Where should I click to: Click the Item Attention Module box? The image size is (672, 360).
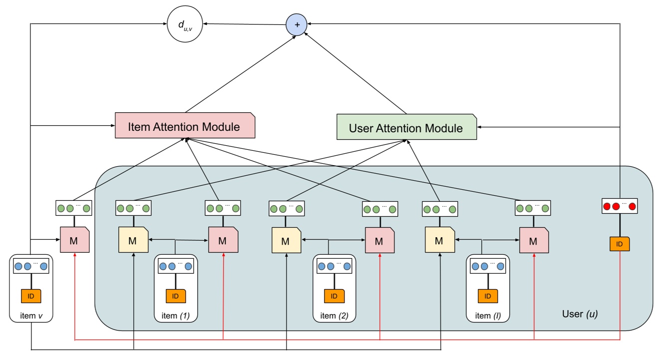(185, 125)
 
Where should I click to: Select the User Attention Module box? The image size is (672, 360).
(406, 127)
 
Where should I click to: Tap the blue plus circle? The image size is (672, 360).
(297, 24)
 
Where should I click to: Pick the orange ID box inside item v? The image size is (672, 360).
(31, 296)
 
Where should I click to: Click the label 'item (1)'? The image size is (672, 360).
(176, 316)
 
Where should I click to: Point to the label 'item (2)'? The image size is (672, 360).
(334, 316)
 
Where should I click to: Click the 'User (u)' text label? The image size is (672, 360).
(580, 314)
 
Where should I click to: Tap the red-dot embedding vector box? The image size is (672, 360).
(620, 206)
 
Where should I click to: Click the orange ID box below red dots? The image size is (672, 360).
(620, 244)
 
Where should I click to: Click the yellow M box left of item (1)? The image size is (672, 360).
(133, 240)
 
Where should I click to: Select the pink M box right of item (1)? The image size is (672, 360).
(223, 240)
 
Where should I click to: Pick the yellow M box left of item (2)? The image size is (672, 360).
(286, 241)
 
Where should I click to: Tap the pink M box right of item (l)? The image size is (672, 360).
(534, 241)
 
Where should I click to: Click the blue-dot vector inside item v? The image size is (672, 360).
(31, 266)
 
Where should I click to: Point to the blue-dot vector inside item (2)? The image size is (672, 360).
(334, 266)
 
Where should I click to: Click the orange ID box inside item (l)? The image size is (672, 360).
(487, 296)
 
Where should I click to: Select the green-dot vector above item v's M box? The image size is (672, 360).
(73, 208)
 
